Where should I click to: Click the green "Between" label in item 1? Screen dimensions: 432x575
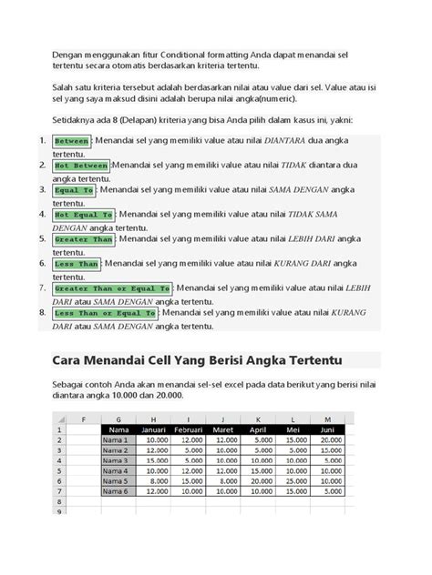coord(71,142)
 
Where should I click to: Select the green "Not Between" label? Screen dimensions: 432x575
coord(80,166)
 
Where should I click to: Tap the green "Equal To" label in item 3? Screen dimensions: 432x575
coord(75,190)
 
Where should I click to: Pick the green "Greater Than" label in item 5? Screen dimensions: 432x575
coord(84,239)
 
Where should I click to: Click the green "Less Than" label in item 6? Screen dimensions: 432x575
coord(77,264)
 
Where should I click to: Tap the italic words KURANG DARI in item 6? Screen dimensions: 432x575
coord(303,263)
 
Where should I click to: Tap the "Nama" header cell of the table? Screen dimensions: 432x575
coord(118,430)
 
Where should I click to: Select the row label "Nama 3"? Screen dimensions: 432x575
coord(117,460)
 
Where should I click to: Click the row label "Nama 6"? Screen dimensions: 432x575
coord(117,491)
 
